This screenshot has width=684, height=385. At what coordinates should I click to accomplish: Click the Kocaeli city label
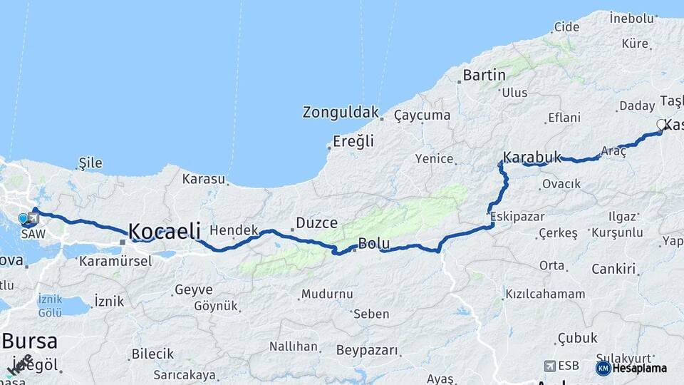pyautogui.click(x=164, y=231)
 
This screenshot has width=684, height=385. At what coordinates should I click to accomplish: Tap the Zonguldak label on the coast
pyautogui.click(x=341, y=113)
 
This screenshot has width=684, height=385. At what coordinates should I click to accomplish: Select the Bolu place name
pyautogui.click(x=373, y=244)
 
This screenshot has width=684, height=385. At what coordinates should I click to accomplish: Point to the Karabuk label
pyautogui.click(x=532, y=157)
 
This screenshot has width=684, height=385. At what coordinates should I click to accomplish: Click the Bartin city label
pyautogui.click(x=484, y=75)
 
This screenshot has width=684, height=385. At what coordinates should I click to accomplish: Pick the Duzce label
pyautogui.click(x=316, y=223)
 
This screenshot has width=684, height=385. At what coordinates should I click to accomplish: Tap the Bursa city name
pyautogui.click(x=29, y=340)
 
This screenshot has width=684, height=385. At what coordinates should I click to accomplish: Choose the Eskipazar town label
pyautogui.click(x=517, y=216)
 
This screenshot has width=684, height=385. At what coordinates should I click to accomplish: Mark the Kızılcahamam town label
pyautogui.click(x=545, y=294)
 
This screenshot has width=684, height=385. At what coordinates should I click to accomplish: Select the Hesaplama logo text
pyautogui.click(x=640, y=369)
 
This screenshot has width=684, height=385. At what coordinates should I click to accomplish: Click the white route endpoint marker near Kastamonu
pyautogui.click(x=661, y=125)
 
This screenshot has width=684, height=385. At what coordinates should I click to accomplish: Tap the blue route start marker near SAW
pyautogui.click(x=23, y=218)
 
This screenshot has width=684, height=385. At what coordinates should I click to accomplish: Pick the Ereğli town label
pyautogui.click(x=354, y=141)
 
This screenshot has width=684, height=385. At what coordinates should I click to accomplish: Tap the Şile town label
pyautogui.click(x=90, y=163)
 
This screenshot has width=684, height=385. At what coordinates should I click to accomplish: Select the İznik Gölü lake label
pyautogui.click(x=50, y=307)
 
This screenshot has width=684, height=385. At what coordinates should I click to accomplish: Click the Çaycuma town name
pyautogui.click(x=422, y=115)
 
